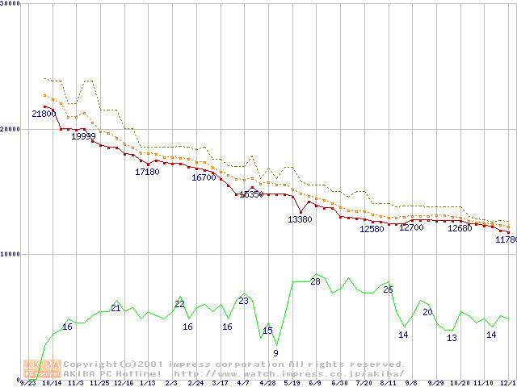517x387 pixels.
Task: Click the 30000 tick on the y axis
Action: (x=11, y=3)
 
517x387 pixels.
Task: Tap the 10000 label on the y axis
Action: (x=11, y=254)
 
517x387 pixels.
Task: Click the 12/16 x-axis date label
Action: (x=124, y=383)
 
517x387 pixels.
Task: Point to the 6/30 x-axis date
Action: (x=339, y=383)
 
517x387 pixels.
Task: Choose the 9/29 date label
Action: (x=435, y=383)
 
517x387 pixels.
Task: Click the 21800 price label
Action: (x=44, y=114)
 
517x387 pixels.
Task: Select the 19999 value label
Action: (x=84, y=136)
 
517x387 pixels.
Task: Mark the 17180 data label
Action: (x=147, y=172)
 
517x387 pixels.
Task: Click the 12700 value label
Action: (x=411, y=227)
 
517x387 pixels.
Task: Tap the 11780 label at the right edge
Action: (x=506, y=239)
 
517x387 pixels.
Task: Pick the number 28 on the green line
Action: (x=315, y=281)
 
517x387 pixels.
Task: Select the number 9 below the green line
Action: (x=275, y=353)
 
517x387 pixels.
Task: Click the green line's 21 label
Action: (x=116, y=309)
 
